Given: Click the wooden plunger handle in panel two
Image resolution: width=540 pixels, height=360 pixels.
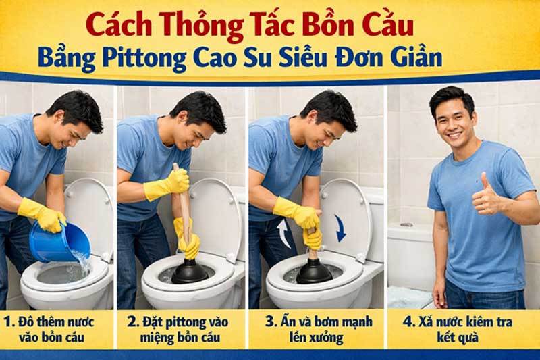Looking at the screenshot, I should [x=181, y=203].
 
